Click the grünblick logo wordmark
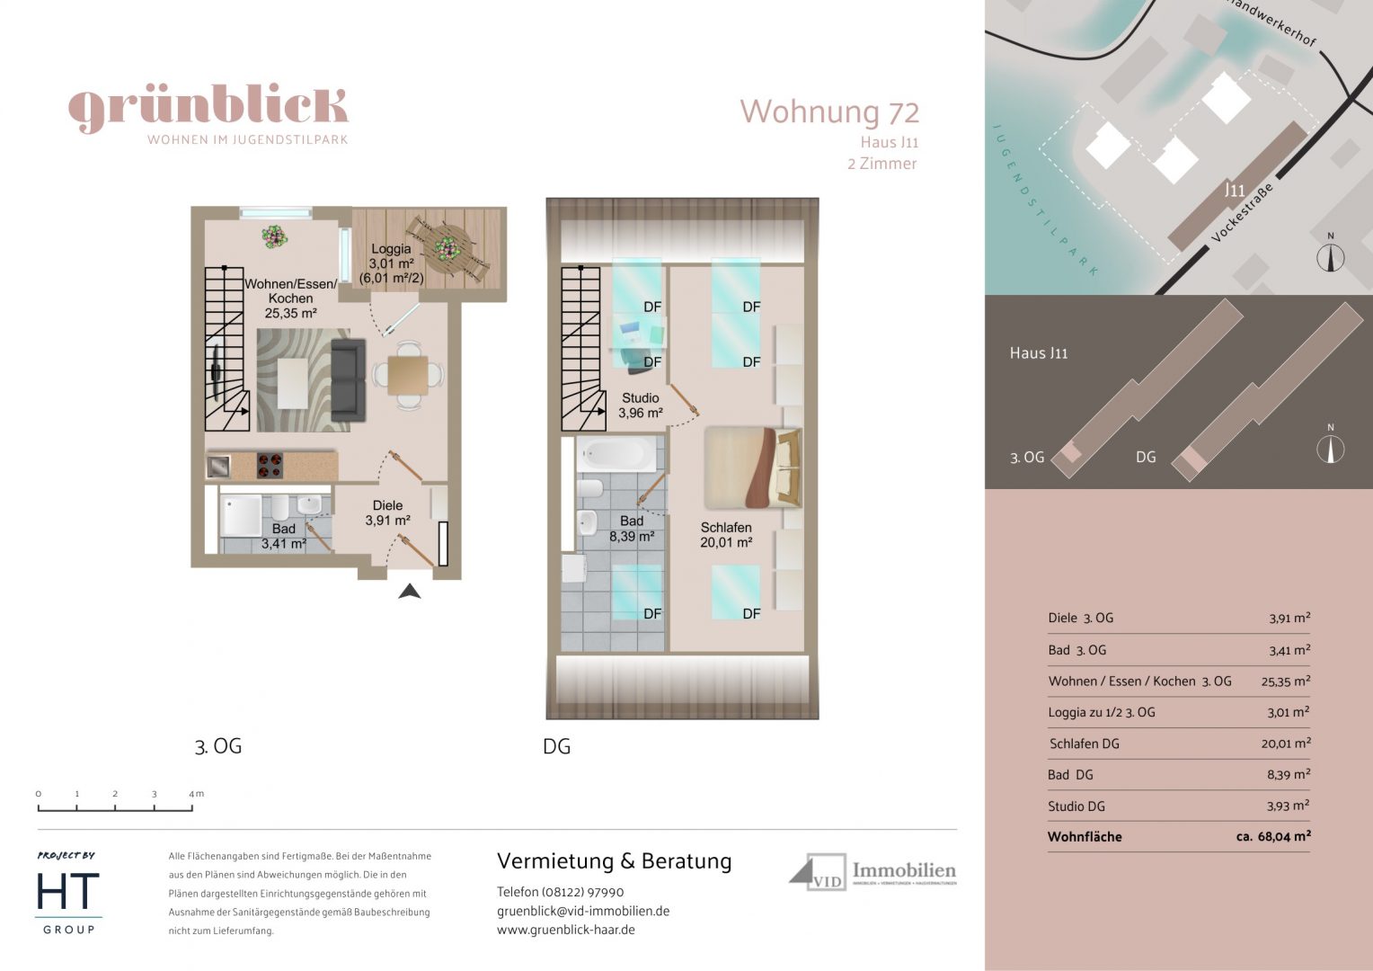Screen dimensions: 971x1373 pos(208,108)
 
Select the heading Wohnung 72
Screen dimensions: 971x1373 pos(828,112)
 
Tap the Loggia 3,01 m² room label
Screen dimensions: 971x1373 pos(391,263)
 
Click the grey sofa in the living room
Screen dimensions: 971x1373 pos(348,380)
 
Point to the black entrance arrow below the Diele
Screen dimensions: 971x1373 pos(410,591)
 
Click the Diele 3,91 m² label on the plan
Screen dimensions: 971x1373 pos(387,512)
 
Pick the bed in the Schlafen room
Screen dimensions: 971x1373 pos(753,468)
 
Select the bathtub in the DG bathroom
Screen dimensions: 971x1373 pos(616,454)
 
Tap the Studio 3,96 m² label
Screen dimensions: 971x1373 pos(640,405)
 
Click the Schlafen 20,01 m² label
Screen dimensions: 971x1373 pos(726,535)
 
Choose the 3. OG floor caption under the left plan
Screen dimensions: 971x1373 pos(218,746)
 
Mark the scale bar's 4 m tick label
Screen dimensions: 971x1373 pos(196,794)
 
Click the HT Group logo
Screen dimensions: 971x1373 pos(68,895)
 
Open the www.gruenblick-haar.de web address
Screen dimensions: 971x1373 pos(566,930)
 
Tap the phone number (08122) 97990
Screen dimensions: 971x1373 pos(582,892)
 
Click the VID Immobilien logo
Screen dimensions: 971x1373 pos(872,872)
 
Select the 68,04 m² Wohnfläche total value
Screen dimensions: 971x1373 pos(1273,836)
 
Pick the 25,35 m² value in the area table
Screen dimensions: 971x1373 pos(1285,681)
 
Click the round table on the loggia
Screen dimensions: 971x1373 pos(446,245)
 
